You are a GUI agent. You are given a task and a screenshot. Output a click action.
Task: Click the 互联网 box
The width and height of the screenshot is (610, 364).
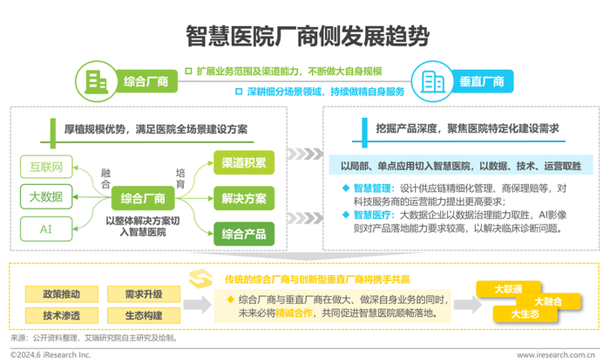tap(46, 167)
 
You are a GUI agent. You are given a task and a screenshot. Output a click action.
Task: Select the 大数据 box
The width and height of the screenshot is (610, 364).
tap(46, 196)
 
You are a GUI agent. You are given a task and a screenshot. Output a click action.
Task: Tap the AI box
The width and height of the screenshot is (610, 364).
tap(46, 230)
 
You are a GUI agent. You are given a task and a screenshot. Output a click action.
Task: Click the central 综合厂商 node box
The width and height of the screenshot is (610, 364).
tap(143, 198)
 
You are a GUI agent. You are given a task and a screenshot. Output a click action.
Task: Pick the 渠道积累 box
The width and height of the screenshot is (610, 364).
tap(244, 162)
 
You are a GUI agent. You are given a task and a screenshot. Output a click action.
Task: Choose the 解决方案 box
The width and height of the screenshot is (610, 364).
tap(244, 198)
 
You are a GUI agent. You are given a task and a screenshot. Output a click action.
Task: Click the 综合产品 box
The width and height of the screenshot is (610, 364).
tap(244, 234)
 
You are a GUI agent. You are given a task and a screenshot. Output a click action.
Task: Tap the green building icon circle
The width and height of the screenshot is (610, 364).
tap(96, 81)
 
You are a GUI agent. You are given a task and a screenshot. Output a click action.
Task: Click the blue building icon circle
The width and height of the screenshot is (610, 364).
tap(432, 81)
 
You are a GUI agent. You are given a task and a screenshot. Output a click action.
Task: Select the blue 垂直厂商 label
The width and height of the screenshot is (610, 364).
tap(482, 81)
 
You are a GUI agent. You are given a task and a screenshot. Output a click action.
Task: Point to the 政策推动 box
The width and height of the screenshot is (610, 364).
tap(62, 294)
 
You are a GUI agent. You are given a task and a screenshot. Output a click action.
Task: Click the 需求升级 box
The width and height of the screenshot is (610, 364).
tap(144, 294)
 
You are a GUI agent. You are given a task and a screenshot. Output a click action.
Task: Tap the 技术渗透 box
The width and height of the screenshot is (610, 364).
tap(62, 315)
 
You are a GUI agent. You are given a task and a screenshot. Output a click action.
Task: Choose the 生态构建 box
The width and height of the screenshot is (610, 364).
tap(144, 315)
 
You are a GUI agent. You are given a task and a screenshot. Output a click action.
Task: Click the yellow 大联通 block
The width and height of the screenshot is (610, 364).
tap(508, 289)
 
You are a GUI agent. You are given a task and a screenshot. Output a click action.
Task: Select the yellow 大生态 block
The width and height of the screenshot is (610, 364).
tap(525, 313)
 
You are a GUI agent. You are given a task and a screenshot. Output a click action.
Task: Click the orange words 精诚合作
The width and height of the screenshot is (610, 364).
tap(295, 313)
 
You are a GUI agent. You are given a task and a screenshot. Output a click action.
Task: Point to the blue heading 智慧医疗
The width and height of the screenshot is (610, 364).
tap(372, 215)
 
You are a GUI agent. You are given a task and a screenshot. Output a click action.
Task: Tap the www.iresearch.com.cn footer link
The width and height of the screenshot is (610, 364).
tap(556, 355)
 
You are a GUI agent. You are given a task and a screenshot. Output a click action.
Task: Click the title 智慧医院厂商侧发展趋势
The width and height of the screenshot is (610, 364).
tap(308, 37)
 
